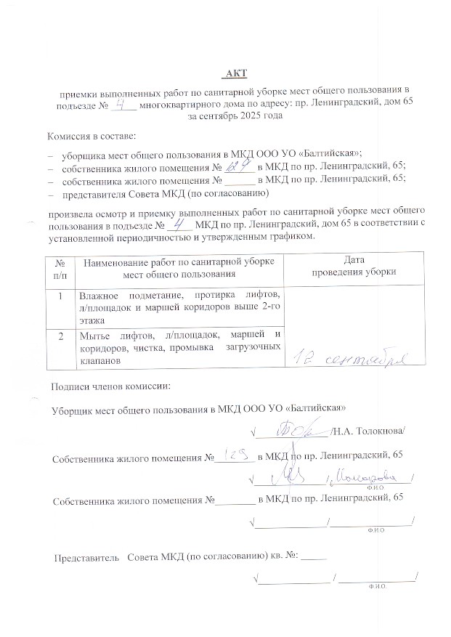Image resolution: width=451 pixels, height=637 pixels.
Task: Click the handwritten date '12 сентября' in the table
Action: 352,356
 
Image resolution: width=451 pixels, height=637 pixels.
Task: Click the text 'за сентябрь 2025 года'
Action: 235,115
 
